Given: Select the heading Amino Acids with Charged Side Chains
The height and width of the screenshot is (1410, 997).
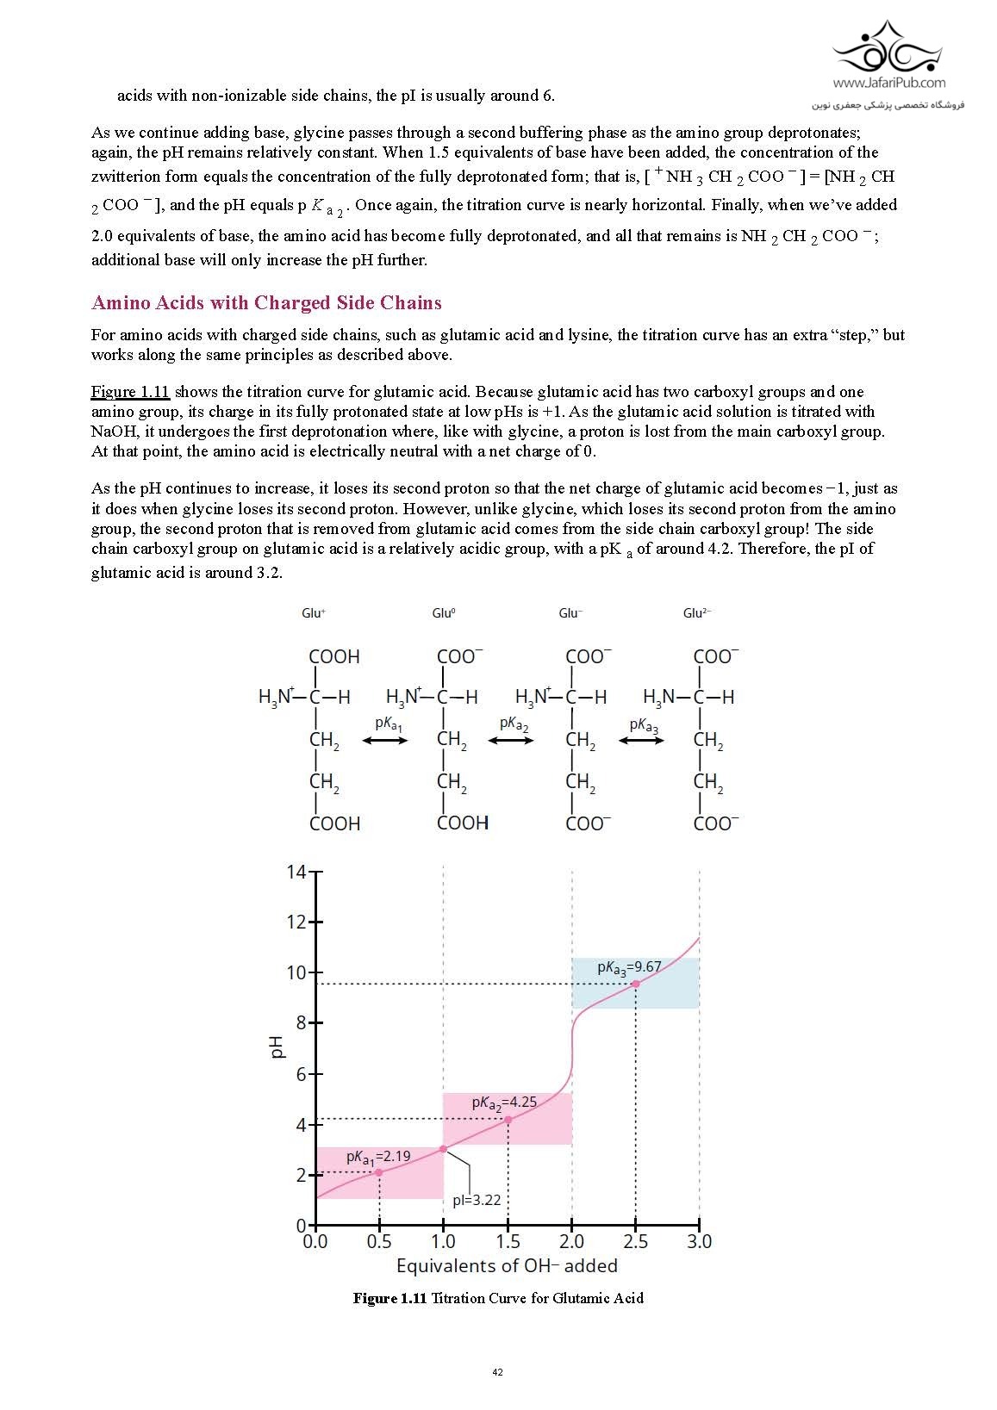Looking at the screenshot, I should pyautogui.click(x=266, y=303).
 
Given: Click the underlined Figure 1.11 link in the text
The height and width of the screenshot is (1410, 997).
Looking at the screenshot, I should pyautogui.click(x=130, y=392).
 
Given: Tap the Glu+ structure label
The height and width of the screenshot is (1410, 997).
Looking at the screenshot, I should pyautogui.click(x=313, y=613).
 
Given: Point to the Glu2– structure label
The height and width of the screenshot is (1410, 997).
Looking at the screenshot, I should pyautogui.click(x=696, y=613).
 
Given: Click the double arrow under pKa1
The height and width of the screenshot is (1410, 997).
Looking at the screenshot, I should pyautogui.click(x=385, y=740).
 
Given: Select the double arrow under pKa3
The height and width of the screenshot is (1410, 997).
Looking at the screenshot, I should pyautogui.click(x=641, y=740).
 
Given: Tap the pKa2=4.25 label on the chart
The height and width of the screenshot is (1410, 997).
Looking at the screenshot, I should pyautogui.click(x=504, y=1103).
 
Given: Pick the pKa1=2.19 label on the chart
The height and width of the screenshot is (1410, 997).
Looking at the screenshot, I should pyautogui.click(x=378, y=1157).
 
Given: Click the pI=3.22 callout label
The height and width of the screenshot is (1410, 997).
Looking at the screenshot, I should pyautogui.click(x=477, y=1200).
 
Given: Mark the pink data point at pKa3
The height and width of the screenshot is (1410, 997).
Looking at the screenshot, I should pyautogui.click(x=636, y=984).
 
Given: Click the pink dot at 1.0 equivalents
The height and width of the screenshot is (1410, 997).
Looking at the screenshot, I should pyautogui.click(x=444, y=1149).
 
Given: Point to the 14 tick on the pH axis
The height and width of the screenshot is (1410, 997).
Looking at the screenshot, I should pyautogui.click(x=296, y=872).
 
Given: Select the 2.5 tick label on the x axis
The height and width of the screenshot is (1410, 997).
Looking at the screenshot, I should pyautogui.click(x=635, y=1241).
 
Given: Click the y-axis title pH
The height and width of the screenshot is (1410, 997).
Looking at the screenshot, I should pyautogui.click(x=276, y=1047).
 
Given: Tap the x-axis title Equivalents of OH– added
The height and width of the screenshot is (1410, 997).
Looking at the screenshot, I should pyautogui.click(x=507, y=1266).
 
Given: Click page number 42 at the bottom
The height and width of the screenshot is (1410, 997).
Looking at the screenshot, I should pyautogui.click(x=497, y=1372).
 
